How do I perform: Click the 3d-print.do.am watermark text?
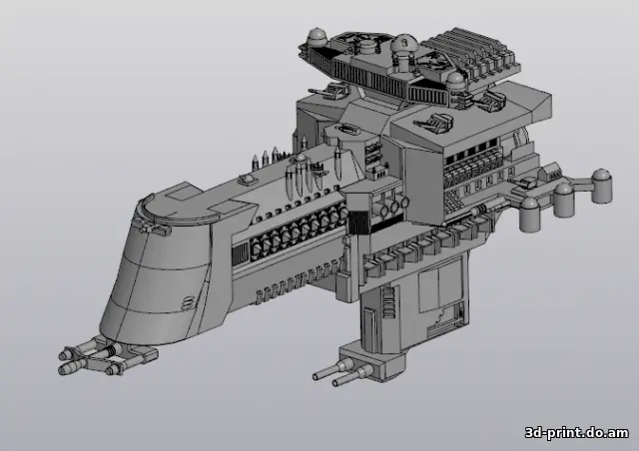pyautogui.click(x=577, y=432)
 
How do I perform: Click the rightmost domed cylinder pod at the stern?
pyautogui.click(x=601, y=184)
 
